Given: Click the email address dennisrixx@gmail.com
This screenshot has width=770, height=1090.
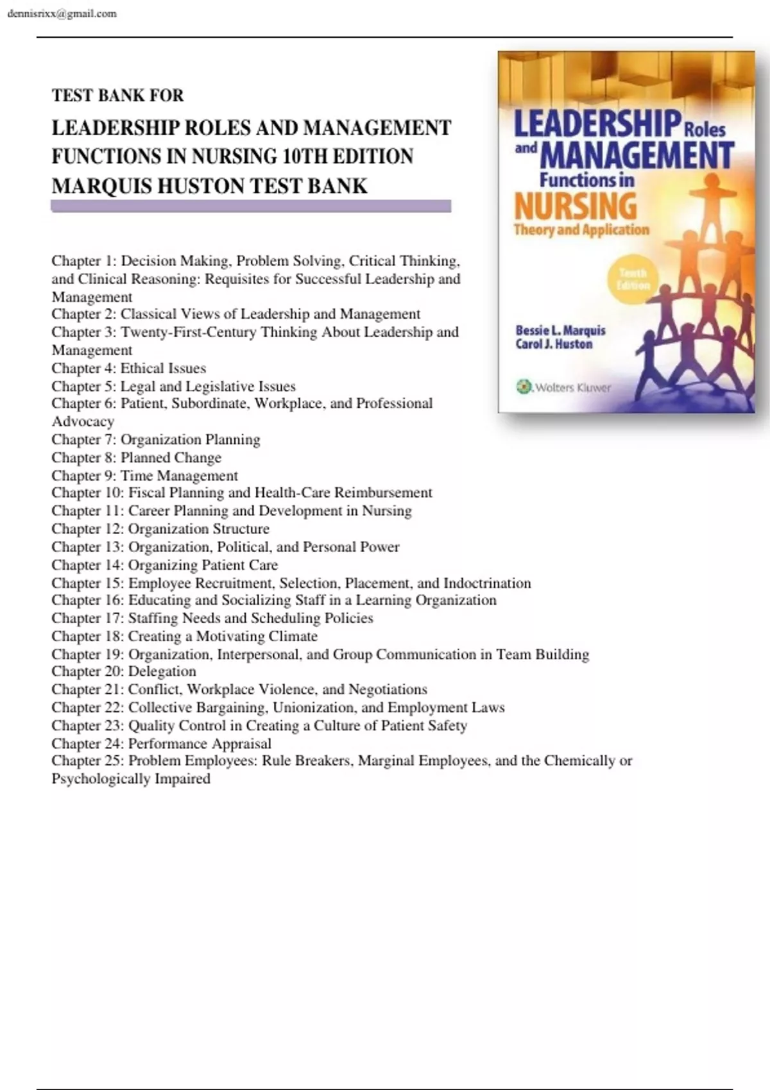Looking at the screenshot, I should [x=62, y=13].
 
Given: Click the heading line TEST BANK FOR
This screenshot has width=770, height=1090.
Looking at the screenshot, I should [x=117, y=96].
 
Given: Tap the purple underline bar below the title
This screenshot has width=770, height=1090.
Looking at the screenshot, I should [x=251, y=206].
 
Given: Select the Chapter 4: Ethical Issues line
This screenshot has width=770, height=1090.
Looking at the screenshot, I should [x=129, y=368].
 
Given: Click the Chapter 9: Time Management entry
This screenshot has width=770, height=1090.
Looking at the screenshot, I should [x=144, y=476].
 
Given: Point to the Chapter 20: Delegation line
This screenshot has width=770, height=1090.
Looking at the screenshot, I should [x=124, y=671].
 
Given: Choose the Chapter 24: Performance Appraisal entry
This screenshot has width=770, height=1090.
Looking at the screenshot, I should [x=161, y=743].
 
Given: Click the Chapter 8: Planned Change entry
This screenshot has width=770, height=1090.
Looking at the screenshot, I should [x=136, y=458].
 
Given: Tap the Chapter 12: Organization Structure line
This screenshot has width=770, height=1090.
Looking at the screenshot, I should [x=160, y=529].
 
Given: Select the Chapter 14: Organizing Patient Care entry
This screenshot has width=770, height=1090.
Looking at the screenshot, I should [x=165, y=565].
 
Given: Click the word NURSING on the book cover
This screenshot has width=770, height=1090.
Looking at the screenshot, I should [x=575, y=206].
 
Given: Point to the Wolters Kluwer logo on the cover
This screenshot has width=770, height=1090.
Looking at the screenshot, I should [x=564, y=387].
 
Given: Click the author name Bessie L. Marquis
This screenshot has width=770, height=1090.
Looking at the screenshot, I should [x=560, y=331].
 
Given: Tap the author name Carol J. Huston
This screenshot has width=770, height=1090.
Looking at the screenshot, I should [x=554, y=344].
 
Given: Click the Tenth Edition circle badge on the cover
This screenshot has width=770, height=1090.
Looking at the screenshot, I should [x=633, y=280].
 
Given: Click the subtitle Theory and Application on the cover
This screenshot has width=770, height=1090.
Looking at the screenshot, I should [x=581, y=230].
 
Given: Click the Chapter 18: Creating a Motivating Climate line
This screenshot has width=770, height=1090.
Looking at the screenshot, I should [x=184, y=636].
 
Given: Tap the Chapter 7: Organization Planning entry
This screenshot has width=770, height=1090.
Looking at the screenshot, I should [x=156, y=440].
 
